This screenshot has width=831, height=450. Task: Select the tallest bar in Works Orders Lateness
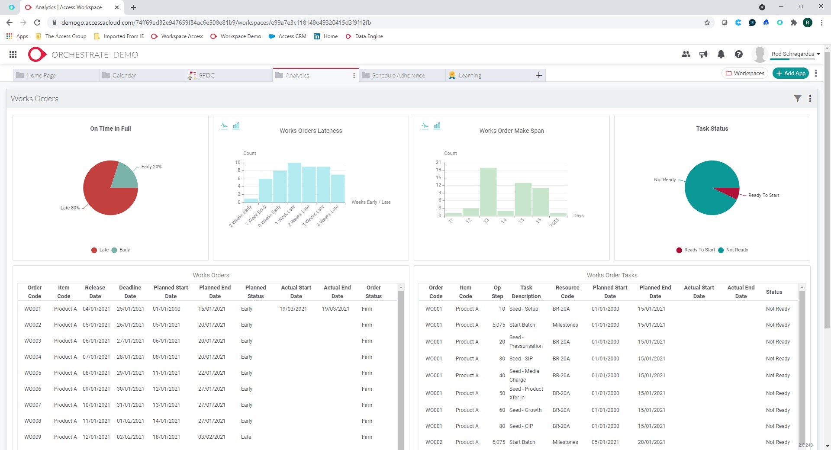pos(294,183)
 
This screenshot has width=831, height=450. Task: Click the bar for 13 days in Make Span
pos(488,192)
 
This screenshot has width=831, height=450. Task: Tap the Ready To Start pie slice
pos(730,192)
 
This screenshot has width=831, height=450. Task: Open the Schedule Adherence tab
pos(398,75)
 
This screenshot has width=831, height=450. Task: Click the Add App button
pos(790,73)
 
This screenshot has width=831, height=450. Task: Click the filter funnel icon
pos(797,99)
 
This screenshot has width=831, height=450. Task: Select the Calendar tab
pos(124,75)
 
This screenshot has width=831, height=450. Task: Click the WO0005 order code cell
pos(33,373)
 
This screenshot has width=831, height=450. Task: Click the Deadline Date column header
pos(130,292)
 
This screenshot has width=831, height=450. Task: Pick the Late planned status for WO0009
pos(246,437)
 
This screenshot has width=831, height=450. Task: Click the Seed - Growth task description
pos(525,410)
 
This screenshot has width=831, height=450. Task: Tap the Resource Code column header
pos(567,292)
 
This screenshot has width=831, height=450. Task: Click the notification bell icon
pos(721,55)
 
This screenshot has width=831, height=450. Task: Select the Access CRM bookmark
pos(292,36)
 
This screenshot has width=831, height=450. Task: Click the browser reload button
pos(37,22)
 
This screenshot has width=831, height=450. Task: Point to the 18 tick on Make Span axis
pos(438,170)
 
